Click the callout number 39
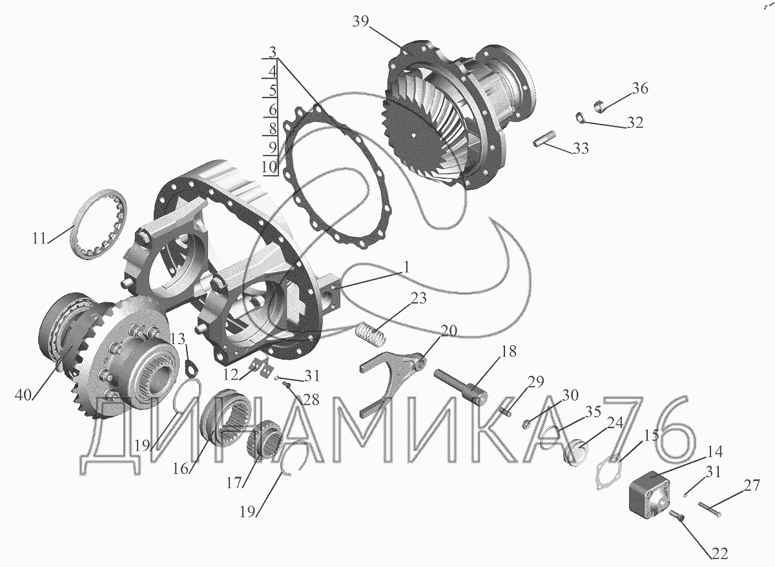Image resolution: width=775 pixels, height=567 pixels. (x=361, y=22)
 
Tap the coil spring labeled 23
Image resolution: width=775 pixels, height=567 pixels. (x=371, y=334)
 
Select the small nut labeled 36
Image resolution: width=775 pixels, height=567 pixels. (x=599, y=106)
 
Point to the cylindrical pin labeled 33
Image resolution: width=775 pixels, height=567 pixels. (x=544, y=138)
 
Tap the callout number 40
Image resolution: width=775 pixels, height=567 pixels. (x=23, y=395)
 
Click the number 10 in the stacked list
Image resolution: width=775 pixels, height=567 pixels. (x=269, y=167)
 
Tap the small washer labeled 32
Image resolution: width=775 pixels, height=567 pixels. (x=580, y=118)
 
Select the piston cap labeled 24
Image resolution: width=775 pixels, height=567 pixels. (x=576, y=452)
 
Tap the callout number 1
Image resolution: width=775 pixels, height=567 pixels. (x=406, y=267)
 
